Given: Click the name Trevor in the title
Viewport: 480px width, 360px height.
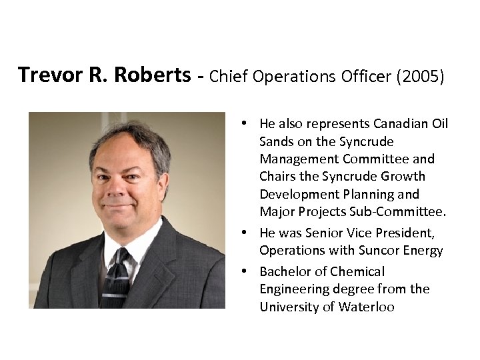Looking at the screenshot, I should (47, 75).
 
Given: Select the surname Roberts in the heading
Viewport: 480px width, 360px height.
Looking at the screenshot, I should (147, 75).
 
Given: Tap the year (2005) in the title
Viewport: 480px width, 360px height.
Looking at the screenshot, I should (418, 76).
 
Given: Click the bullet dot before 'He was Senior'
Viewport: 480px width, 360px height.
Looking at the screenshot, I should (246, 233).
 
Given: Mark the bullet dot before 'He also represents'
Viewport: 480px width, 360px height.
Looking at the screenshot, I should (246, 124).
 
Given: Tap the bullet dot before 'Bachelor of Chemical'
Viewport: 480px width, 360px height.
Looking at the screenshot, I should (246, 271).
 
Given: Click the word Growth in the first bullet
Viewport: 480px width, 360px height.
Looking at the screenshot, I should (401, 177).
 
